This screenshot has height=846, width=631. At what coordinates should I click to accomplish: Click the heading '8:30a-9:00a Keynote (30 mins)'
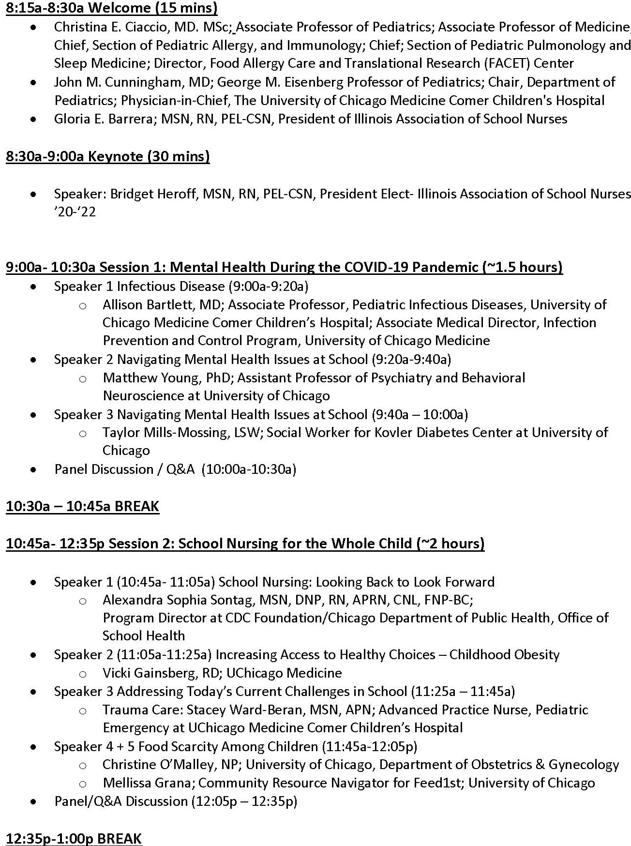pos(107,156)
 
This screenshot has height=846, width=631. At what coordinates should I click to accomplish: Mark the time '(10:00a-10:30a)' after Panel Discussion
pos(249,469)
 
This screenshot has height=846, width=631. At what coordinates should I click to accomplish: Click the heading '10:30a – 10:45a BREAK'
pos(82,506)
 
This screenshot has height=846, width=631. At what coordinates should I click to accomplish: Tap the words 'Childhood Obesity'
pos(504,655)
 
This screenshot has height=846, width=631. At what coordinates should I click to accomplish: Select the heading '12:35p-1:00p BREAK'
pos(74,838)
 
